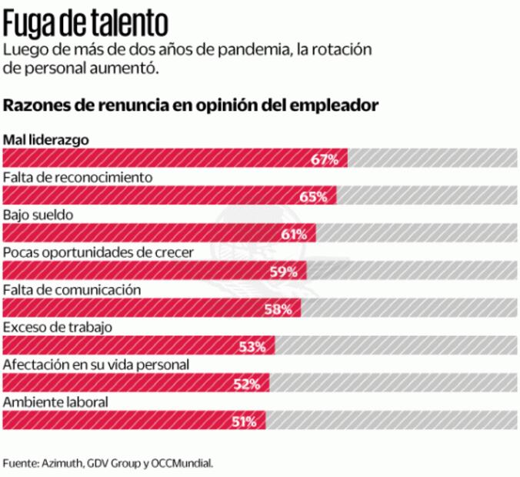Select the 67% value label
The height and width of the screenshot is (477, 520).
[x=325, y=159]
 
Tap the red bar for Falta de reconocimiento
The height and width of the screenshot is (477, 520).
[x=169, y=196]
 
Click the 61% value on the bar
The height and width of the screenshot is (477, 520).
[x=295, y=234]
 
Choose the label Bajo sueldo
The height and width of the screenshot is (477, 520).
[x=38, y=215]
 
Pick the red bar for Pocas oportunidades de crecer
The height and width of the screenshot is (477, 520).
[x=154, y=271]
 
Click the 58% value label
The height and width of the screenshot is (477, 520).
[x=278, y=309]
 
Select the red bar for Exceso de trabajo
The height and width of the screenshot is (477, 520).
[x=138, y=346]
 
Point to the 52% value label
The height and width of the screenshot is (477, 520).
[x=247, y=383]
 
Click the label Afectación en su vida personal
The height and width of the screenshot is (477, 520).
[x=96, y=364]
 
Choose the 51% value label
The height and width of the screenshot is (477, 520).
[x=245, y=421]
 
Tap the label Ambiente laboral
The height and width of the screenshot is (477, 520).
[x=55, y=402]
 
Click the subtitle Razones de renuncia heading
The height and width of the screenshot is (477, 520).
[x=191, y=105]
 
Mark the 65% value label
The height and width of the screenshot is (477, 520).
[x=314, y=196]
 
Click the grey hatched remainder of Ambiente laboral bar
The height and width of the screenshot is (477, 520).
[x=388, y=421]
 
